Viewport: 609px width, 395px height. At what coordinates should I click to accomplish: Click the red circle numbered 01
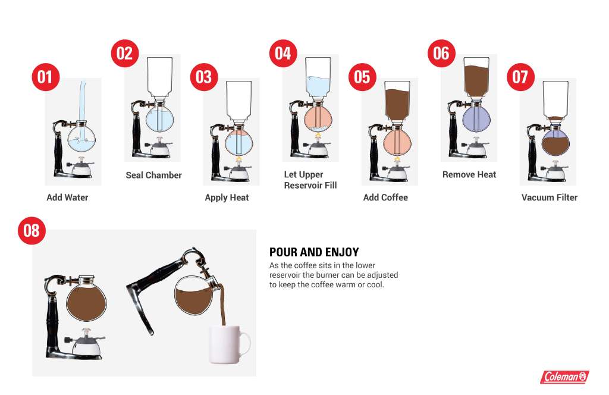click(45, 77)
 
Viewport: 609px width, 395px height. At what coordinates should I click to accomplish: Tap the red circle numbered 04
click(283, 53)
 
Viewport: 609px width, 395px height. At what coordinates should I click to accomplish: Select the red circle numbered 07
click(521, 77)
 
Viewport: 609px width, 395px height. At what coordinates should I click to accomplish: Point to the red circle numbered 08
click(32, 230)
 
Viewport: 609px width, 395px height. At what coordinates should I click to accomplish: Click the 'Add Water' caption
click(67, 197)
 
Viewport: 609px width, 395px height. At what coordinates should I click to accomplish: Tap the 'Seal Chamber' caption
click(154, 175)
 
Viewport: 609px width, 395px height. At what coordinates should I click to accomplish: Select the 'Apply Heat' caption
click(227, 197)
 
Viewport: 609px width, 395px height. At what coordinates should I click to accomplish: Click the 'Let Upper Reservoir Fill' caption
click(310, 180)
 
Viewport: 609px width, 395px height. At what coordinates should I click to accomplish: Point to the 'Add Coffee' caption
click(385, 197)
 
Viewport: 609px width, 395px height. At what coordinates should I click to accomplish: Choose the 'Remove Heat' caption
click(469, 175)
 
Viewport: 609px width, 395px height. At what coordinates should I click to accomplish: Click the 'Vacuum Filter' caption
click(549, 197)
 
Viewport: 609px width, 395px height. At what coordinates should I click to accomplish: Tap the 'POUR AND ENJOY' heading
click(314, 252)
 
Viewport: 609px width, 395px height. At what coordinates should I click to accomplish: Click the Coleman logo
click(565, 377)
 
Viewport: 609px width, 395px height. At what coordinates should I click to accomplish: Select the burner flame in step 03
click(239, 159)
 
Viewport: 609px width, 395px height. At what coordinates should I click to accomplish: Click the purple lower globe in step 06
click(476, 119)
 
